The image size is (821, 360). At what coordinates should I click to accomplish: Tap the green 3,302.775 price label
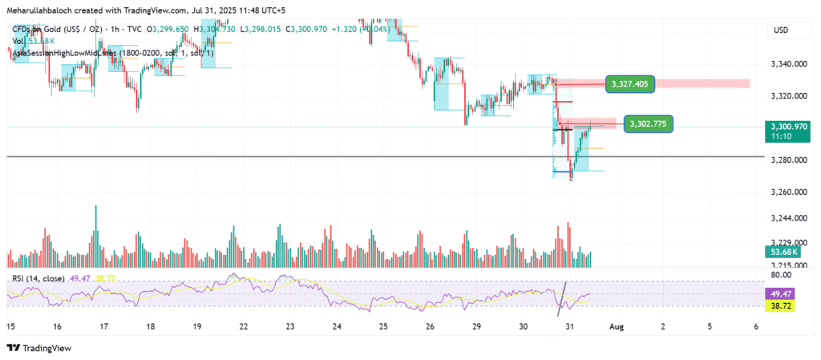[649, 123]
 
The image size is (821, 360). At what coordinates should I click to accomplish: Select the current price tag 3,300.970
[789, 127]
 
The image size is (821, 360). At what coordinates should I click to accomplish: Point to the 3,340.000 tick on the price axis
[788, 64]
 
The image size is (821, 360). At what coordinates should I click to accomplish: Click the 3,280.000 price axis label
[788, 160]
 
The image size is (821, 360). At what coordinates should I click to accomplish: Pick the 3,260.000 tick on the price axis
[788, 192]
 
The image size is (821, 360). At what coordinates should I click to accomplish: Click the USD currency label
[781, 30]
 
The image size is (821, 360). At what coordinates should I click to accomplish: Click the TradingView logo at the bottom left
[40, 348]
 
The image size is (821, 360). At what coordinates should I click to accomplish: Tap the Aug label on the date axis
[616, 327]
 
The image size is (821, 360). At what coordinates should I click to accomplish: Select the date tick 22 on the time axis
[243, 327]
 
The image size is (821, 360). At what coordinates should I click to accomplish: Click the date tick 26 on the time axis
[430, 327]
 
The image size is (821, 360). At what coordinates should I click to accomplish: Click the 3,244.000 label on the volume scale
[788, 218]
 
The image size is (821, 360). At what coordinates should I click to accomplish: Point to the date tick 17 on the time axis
[103, 327]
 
